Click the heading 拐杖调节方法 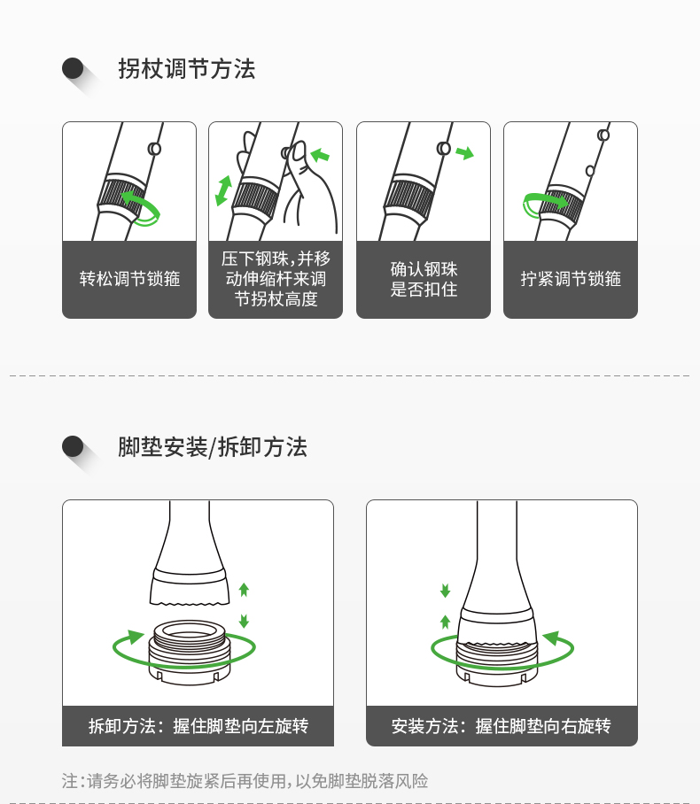tap(187, 69)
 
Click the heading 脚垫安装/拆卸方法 tap(213, 447)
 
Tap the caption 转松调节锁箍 tap(129, 279)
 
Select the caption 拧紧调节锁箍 tap(571, 279)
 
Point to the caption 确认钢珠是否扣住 tap(424, 280)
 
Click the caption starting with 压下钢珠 tap(276, 279)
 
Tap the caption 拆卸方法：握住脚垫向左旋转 tap(198, 726)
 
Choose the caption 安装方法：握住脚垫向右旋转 tap(502, 726)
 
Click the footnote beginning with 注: tap(245, 781)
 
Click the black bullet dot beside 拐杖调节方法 tap(73, 68)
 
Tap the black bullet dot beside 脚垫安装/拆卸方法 tap(73, 446)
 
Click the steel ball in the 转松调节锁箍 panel tap(154, 149)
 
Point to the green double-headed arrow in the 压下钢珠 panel tap(224, 190)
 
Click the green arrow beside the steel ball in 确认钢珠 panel tap(465, 153)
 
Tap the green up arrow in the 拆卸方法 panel tap(244, 590)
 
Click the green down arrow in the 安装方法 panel tap(445, 591)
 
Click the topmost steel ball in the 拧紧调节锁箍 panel tap(603, 135)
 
